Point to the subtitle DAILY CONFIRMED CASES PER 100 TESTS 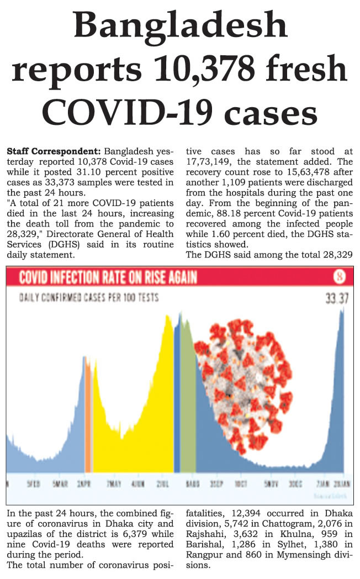tap(89, 298)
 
